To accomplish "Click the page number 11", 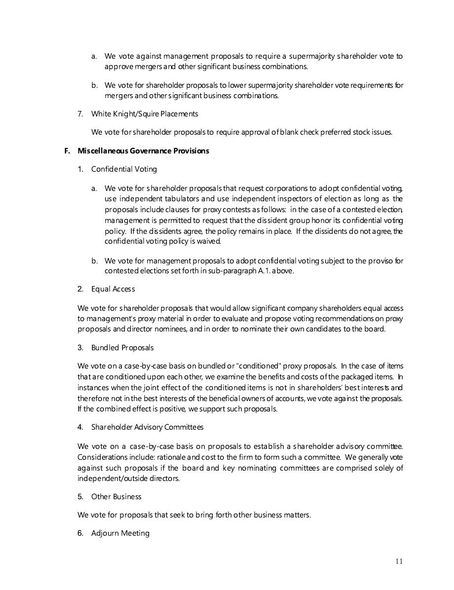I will [x=399, y=561].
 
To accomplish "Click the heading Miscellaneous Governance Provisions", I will [x=143, y=151].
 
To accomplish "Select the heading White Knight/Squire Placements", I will [x=145, y=114].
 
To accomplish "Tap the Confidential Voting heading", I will [x=124, y=169].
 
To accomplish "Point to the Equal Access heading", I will [x=113, y=289].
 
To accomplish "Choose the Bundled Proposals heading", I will [x=122, y=348].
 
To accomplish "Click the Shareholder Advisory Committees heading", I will [x=147, y=427].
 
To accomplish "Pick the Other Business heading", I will [x=116, y=497].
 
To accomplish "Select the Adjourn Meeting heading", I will [x=120, y=533].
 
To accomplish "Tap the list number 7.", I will [x=80, y=114].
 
